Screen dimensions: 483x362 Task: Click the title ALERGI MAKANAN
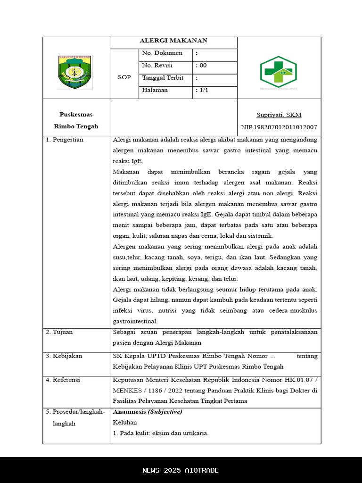[173, 41]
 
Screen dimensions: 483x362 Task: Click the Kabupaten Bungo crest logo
[75, 72]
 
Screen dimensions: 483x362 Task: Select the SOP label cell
[124, 77]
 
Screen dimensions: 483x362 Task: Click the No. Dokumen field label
[162, 53]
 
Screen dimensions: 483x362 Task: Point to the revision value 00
[203, 66]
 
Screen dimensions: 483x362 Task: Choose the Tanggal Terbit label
[163, 78]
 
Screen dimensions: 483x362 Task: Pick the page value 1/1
[204, 90]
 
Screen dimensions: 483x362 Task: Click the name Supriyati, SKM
[279, 115]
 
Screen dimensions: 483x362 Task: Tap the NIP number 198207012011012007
[279, 127]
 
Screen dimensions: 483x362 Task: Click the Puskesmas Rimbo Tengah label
[76, 120]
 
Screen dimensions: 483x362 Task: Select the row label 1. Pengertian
[65, 140]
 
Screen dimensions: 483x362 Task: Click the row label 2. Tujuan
[59, 332]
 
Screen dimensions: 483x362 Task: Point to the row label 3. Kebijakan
[64, 356]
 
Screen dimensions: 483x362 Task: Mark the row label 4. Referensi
[63, 380]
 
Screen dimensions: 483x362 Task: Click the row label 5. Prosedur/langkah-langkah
[75, 417]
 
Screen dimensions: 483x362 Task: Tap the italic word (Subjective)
[165, 412]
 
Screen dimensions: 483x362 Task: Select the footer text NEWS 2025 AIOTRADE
[181, 470]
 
